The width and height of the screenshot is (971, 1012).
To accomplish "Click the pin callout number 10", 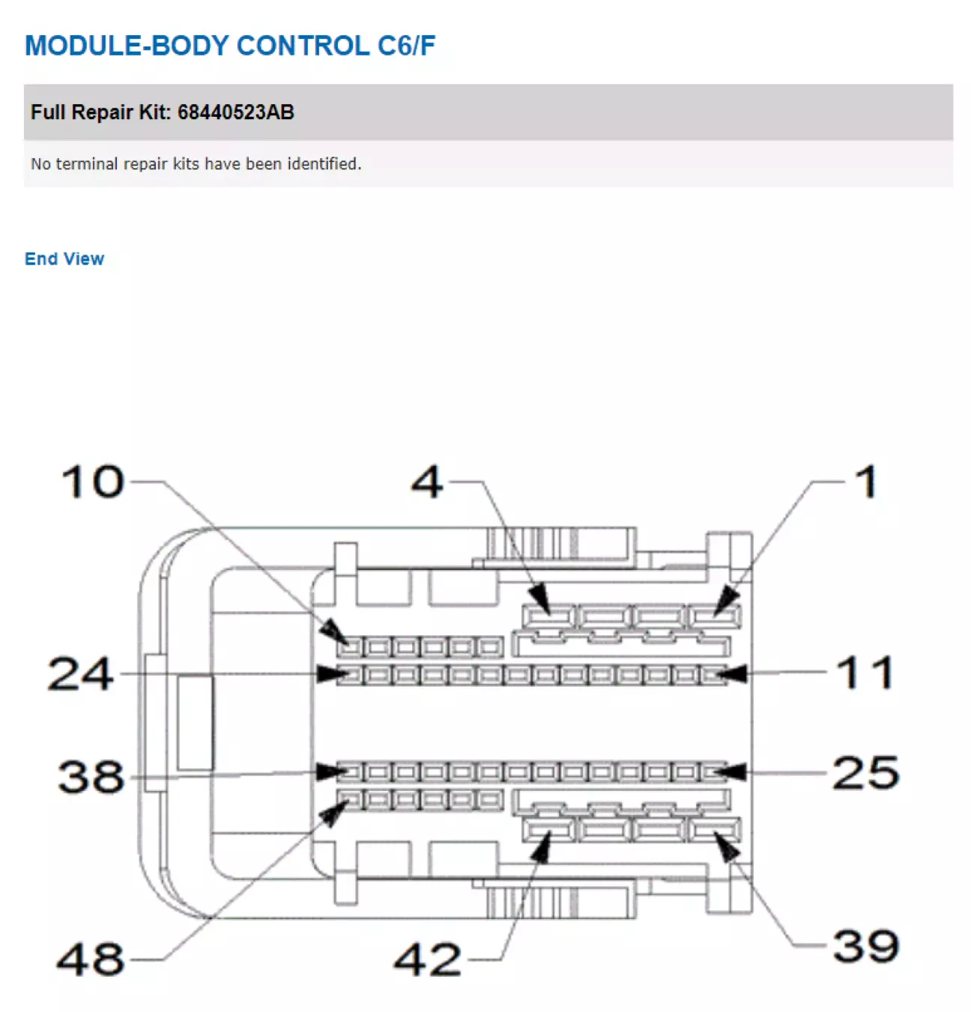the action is (93, 482).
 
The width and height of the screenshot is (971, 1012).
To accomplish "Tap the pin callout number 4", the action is (427, 482).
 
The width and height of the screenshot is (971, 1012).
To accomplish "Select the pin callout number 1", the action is (867, 482).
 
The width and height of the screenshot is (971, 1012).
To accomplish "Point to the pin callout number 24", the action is (81, 673).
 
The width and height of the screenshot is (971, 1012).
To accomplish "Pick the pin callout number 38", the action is (91, 777).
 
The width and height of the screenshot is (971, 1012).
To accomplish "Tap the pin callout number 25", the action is (866, 773).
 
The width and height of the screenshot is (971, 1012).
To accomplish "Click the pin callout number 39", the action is (866, 946).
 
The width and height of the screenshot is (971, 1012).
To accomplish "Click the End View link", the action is (64, 258).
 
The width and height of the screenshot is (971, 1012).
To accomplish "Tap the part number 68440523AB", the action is (235, 112).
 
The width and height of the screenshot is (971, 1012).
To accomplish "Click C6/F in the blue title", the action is (406, 46).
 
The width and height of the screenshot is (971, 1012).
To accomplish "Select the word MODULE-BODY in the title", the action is (127, 46).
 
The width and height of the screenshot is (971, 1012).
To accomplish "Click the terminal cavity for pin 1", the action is (714, 616).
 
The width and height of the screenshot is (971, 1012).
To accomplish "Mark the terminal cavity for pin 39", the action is (714, 829).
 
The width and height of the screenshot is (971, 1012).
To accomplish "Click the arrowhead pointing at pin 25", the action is (731, 772).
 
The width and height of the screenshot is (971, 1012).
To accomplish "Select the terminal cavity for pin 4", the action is (548, 616).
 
